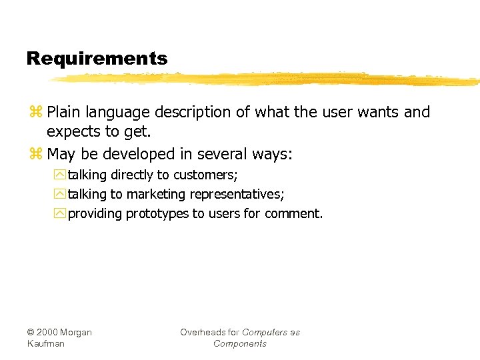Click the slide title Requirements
click(97, 59)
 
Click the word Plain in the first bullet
click(65, 112)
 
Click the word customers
click(205, 175)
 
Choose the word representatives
click(237, 195)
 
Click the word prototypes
click(157, 214)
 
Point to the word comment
click(293, 214)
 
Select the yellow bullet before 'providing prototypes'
click(61, 214)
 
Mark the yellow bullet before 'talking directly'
click(61, 175)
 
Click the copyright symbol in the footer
click(31, 333)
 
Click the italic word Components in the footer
click(240, 344)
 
